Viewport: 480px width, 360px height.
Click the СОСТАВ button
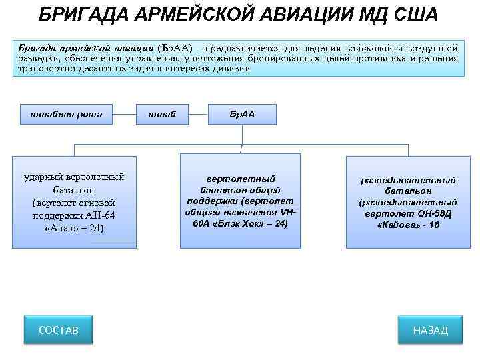tap(59, 330)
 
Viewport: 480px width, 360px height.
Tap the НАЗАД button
tap(430, 330)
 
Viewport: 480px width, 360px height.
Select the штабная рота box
tap(66, 114)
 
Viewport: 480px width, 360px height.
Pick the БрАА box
tap(241, 114)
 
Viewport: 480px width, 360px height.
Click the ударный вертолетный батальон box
tap(74, 202)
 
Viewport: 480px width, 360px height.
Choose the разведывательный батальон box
tap(408, 202)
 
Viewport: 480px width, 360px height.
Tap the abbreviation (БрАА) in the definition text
tap(179, 48)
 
